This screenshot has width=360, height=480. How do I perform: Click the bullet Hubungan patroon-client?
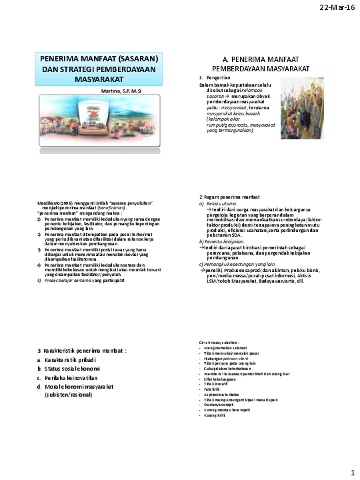226,357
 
